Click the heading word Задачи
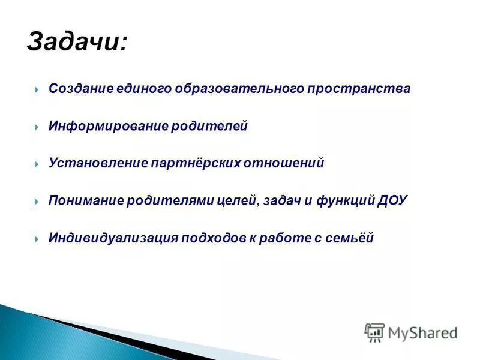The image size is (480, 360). [77, 43]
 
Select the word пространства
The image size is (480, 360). [359, 89]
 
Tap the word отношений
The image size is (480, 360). [284, 163]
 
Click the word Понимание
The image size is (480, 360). [86, 200]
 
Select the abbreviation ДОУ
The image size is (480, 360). [392, 200]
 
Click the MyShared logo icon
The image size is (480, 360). [374, 332]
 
